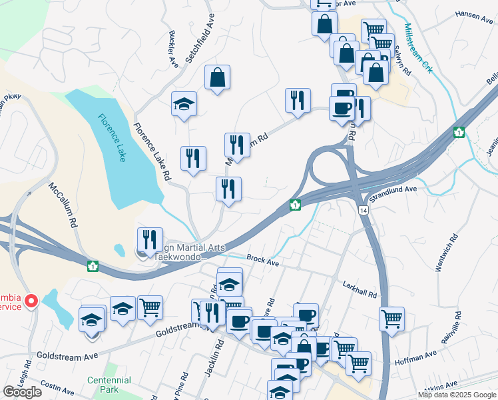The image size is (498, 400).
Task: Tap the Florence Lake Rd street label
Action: [152, 153]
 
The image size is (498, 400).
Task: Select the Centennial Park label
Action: [109, 385]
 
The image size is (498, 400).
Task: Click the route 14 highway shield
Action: [362, 210]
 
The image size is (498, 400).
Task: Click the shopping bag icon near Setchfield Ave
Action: [217, 78]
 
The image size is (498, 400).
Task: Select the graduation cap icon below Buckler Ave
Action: [184, 105]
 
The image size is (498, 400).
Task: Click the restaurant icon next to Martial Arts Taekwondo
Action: [150, 239]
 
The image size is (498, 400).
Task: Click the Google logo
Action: [22, 392]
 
